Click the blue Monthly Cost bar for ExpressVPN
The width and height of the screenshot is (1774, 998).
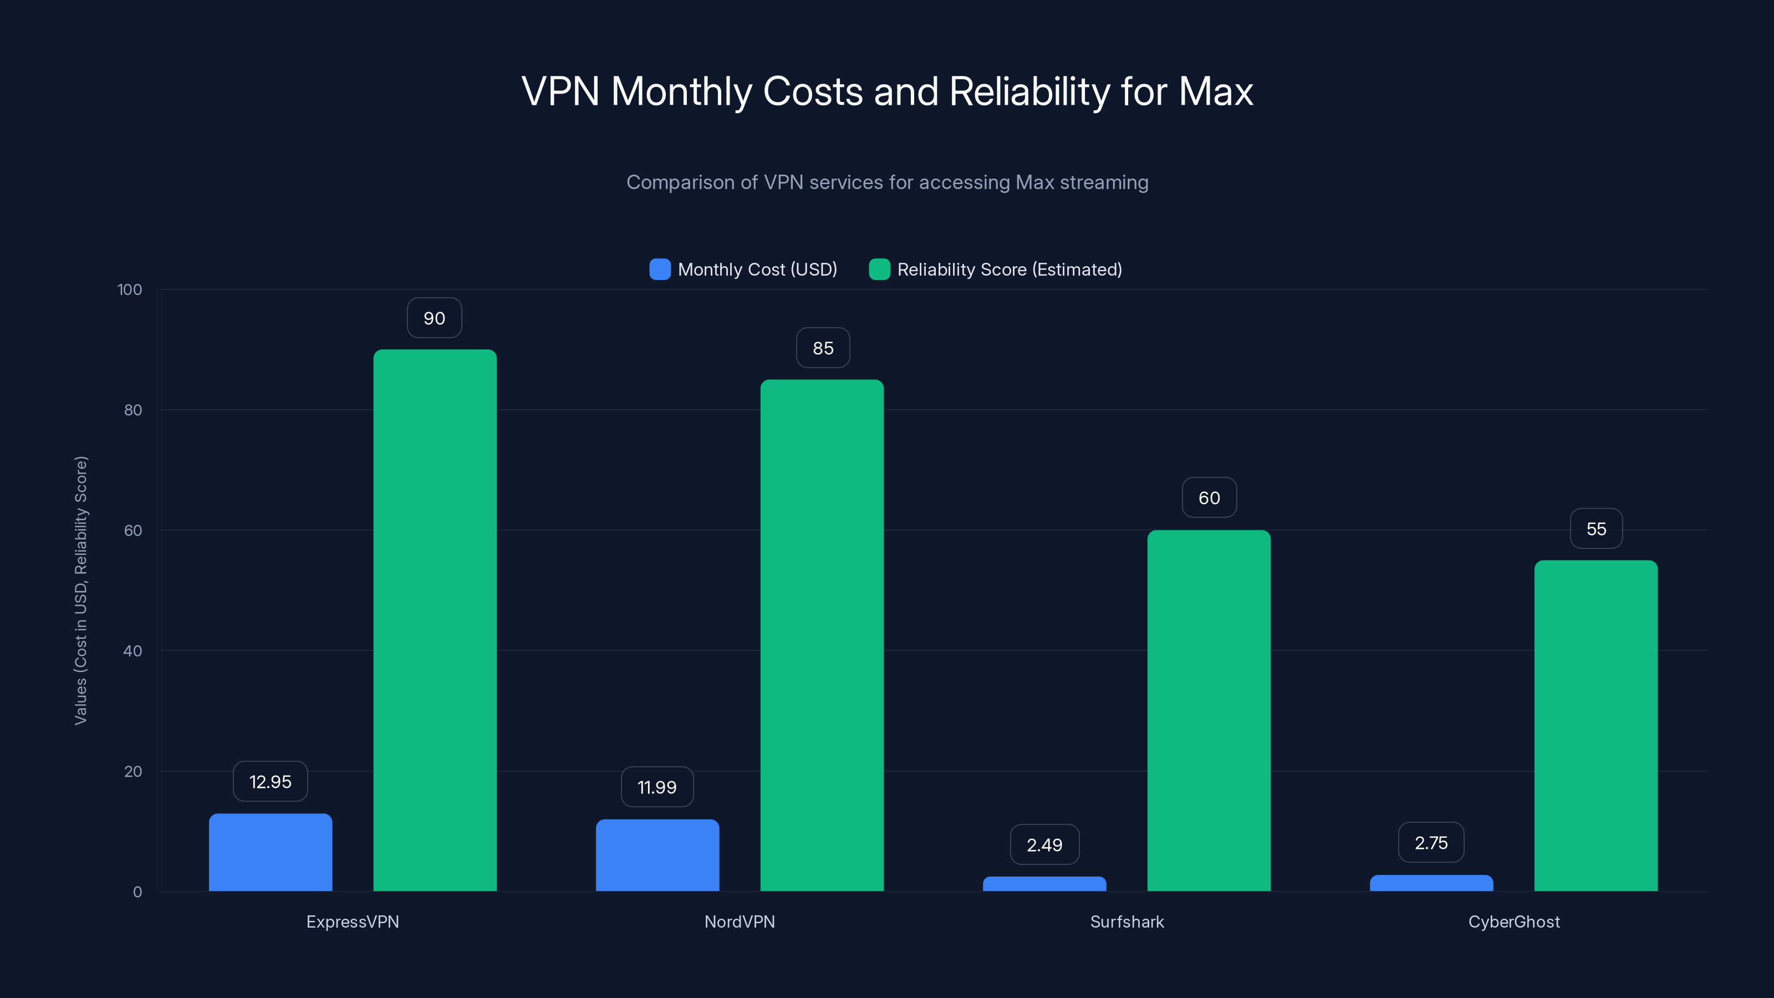(x=270, y=852)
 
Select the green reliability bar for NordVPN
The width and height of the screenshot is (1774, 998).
(x=822, y=634)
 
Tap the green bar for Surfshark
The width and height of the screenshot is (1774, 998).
(x=1209, y=710)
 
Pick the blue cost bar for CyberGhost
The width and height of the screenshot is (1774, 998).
(x=1431, y=883)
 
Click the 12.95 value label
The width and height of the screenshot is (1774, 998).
(x=270, y=782)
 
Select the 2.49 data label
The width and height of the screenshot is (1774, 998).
(x=1044, y=845)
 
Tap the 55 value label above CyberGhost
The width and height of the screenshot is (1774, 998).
(x=1595, y=529)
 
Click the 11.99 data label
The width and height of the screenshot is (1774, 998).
(x=657, y=787)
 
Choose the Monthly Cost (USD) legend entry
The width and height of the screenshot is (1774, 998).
(x=757, y=269)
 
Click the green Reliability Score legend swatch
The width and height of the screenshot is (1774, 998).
(x=879, y=269)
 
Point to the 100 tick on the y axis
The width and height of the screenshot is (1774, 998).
(x=130, y=290)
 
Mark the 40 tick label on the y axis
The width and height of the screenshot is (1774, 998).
(x=132, y=651)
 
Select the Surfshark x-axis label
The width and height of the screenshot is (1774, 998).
(x=1126, y=921)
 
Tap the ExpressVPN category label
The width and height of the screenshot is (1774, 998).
(x=353, y=921)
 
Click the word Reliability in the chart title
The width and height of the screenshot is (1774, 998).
(x=1029, y=91)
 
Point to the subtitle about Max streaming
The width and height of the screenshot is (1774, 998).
(x=887, y=182)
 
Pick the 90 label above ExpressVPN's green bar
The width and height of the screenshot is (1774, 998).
(x=434, y=318)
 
